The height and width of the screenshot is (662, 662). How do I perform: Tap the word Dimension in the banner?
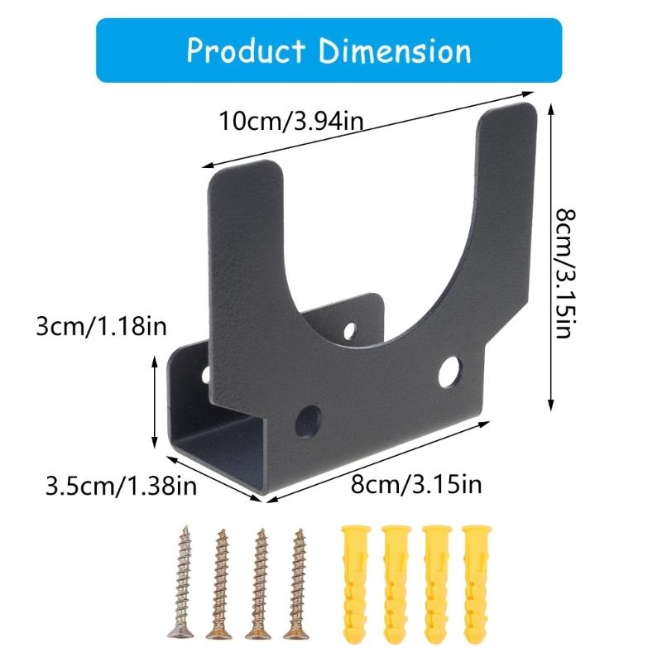pyautogui.click(x=395, y=50)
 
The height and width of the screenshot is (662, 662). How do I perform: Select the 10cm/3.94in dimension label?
pyautogui.click(x=290, y=121)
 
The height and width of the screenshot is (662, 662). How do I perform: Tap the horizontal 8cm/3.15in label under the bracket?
pyautogui.click(x=415, y=484)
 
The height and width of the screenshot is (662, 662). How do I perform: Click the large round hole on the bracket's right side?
pyautogui.click(x=450, y=372)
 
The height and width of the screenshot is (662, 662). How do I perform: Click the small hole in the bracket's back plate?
pyautogui.click(x=351, y=332)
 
